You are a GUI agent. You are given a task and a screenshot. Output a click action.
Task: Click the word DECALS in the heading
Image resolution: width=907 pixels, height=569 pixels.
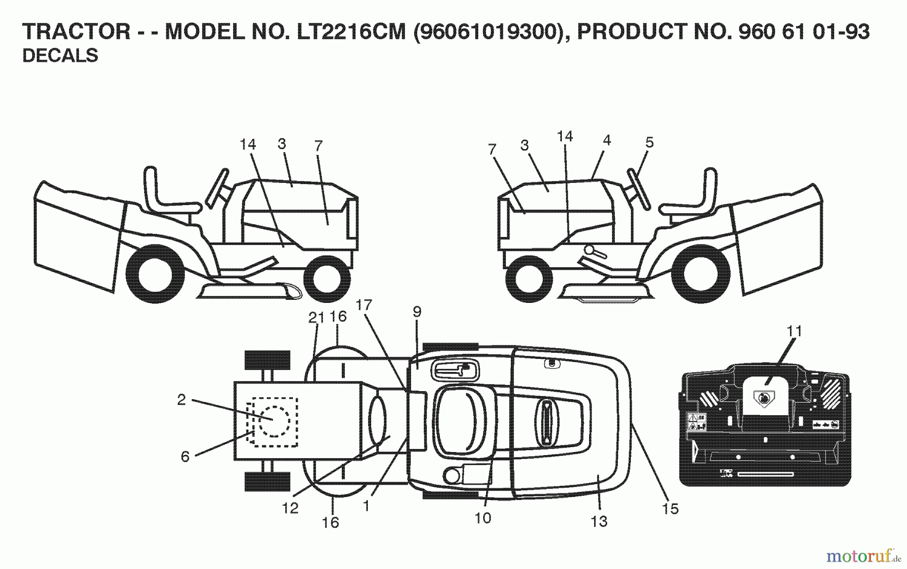coord(60,55)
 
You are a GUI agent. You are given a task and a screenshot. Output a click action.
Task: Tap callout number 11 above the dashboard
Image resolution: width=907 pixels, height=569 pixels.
coord(794,331)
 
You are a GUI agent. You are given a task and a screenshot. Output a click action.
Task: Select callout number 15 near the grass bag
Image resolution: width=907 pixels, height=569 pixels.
coord(670,509)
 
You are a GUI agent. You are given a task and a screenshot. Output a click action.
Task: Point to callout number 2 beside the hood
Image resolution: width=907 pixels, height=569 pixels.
coord(181,400)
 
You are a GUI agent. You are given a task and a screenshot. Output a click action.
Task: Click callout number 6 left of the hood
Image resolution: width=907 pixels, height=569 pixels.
coord(185,457)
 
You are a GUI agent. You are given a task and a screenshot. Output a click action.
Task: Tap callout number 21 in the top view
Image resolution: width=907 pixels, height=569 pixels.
coord(316,318)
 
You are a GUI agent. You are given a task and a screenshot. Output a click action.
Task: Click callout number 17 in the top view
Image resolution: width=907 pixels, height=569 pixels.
coord(363,305)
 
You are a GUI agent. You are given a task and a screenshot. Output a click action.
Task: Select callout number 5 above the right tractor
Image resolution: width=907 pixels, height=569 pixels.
coord(649,143)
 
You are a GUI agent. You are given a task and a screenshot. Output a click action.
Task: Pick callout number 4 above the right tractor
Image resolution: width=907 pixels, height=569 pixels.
coord(607,140)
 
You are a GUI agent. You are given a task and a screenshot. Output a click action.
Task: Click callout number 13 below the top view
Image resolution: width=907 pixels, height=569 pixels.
coord(599,521)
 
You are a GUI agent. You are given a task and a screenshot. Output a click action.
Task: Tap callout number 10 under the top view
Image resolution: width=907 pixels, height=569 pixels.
coord(483,518)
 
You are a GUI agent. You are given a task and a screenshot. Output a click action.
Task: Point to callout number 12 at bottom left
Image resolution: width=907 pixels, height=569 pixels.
coord(290,508)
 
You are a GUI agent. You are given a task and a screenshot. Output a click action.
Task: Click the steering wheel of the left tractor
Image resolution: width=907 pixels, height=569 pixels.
coord(217,186)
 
